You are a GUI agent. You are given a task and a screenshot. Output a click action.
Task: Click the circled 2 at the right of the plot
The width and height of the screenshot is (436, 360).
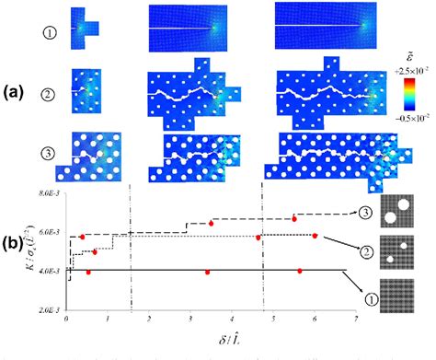366,251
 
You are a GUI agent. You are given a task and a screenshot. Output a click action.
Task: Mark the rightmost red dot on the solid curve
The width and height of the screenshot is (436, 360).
300,271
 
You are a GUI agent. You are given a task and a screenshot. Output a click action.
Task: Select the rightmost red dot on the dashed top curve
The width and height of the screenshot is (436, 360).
294,218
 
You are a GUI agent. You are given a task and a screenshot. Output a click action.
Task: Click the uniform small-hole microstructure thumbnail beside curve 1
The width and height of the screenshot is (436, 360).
404,295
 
